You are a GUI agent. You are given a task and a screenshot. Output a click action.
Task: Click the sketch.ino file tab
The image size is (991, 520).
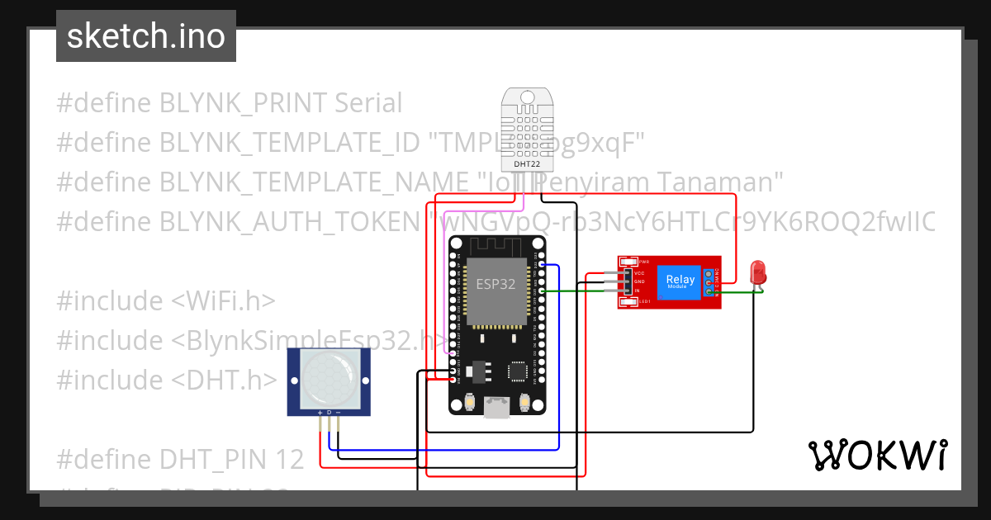145,36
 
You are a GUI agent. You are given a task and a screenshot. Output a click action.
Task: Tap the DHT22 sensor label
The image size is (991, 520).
527,164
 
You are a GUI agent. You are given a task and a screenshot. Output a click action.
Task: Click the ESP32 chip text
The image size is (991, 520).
496,284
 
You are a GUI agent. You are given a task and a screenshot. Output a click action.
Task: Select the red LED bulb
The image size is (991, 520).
756,272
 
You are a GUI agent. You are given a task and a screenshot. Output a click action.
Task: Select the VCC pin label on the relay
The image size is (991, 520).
640,272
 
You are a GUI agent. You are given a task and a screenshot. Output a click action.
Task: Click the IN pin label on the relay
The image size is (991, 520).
638,291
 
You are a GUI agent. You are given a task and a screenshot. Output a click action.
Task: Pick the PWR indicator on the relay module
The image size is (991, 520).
643,262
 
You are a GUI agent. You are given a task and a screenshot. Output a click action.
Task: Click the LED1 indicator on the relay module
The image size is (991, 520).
644,302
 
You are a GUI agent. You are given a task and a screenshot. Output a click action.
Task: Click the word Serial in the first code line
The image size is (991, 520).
368,103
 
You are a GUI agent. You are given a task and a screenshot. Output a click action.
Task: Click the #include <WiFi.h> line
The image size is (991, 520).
166,301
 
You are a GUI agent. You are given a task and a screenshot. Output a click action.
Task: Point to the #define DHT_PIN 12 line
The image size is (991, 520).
180,459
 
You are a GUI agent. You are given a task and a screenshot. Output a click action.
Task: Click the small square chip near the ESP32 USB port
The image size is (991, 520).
518,372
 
